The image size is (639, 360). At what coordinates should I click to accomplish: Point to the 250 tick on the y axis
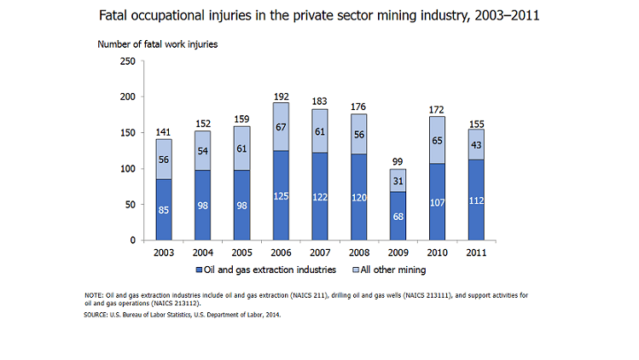(x=126, y=61)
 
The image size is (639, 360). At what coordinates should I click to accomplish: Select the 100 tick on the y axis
(x=126, y=169)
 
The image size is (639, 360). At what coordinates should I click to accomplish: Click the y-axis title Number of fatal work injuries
(x=157, y=44)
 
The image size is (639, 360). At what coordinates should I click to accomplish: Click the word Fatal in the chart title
(x=117, y=15)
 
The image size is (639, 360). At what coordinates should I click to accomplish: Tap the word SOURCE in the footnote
(x=96, y=315)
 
